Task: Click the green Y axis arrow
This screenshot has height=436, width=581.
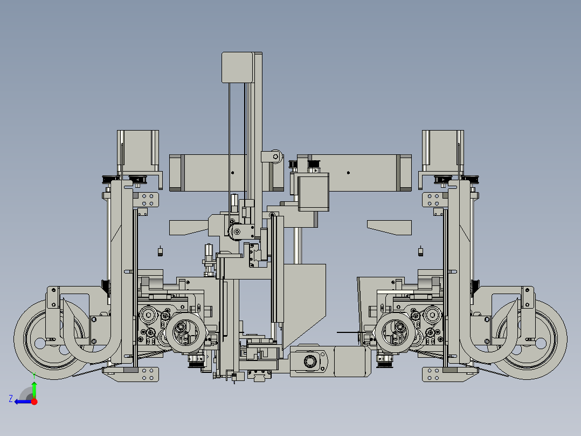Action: coord(34,391)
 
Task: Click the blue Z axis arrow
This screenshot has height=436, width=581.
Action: coord(23,401)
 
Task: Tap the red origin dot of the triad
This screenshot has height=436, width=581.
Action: coord(34,401)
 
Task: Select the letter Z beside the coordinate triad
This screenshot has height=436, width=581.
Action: coord(11,399)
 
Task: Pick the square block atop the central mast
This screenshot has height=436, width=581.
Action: coord(238,67)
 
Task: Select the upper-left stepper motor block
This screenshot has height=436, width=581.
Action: coord(138,151)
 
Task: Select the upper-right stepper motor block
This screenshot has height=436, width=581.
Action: coord(443,151)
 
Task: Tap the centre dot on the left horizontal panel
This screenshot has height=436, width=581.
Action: coord(233,173)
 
